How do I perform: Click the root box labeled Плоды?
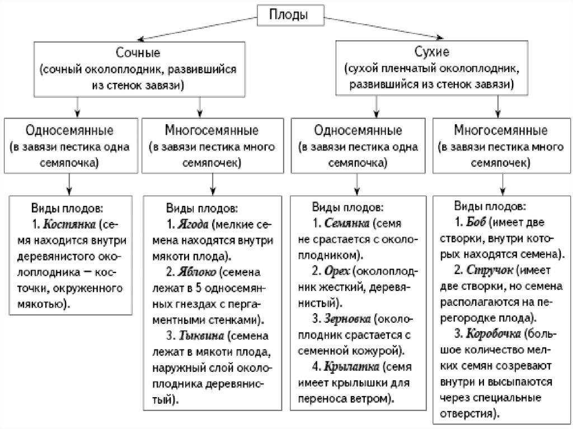[290, 15]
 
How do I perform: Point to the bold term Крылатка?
[350, 368]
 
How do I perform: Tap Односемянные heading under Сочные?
[70, 131]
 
